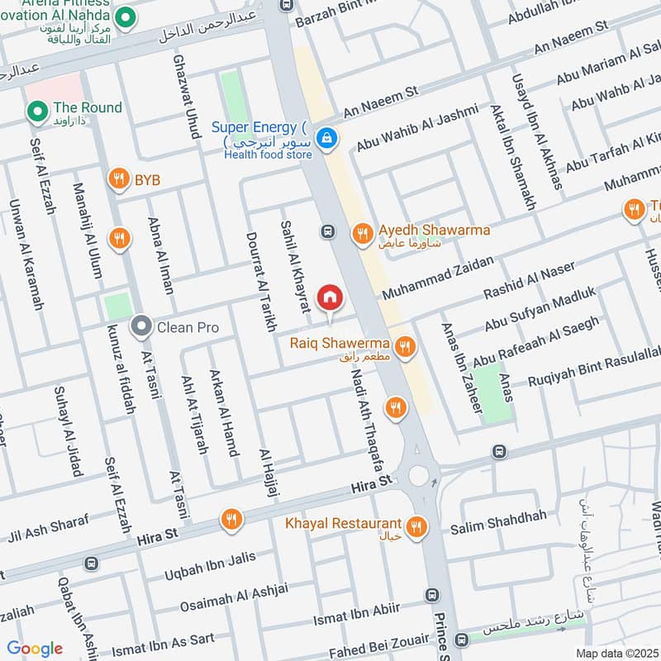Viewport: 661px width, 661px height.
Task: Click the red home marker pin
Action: pyautogui.click(x=330, y=297)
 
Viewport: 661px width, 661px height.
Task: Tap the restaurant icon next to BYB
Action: pyautogui.click(x=120, y=178)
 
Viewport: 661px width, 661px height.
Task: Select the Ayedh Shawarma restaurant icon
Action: pyautogui.click(x=362, y=235)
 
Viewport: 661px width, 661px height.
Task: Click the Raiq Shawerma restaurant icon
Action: pyautogui.click(x=404, y=347)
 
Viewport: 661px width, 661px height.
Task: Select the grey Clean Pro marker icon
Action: pyautogui.click(x=141, y=327)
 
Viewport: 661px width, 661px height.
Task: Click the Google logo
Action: pyautogui.click(x=35, y=649)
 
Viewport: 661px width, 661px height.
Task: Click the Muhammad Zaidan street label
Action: pyautogui.click(x=437, y=278)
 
